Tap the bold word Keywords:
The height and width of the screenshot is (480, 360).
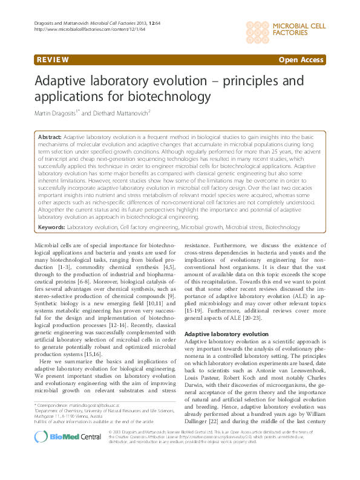(51, 227)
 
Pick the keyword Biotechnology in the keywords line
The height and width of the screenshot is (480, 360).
(283, 227)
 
